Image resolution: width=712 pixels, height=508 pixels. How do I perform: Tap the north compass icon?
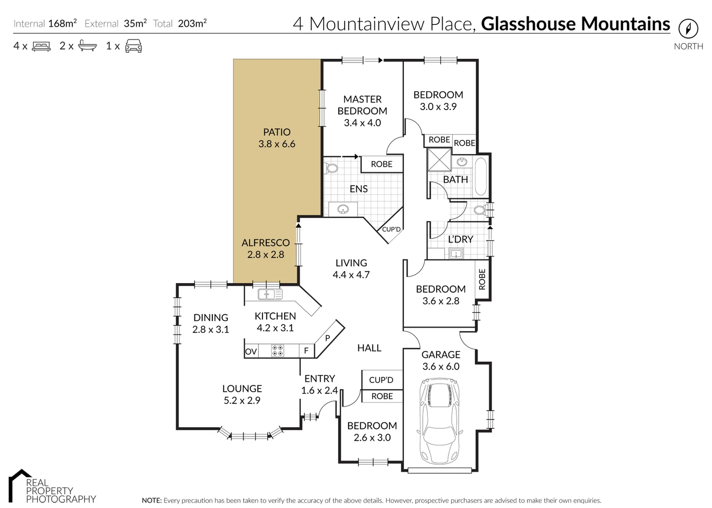tap(688, 29)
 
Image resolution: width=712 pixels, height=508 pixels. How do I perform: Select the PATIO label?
tap(277, 132)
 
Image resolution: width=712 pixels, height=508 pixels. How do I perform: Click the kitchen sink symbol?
tap(270, 294)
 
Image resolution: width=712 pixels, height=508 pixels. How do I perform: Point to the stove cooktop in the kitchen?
tap(278, 350)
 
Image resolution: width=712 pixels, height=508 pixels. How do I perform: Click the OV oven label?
tap(251, 351)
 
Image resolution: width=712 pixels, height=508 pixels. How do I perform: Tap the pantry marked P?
tap(328, 338)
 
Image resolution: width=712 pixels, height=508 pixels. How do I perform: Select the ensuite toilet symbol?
tap(332, 168)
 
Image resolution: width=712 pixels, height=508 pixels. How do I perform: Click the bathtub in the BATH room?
tap(480, 177)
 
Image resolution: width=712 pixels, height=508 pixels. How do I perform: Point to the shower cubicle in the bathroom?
tap(439, 159)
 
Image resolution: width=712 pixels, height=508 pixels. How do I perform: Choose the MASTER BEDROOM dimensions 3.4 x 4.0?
tap(362, 123)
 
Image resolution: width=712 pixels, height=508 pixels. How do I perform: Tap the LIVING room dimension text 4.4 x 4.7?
tap(351, 275)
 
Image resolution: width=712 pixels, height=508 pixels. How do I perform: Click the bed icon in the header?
tap(41, 46)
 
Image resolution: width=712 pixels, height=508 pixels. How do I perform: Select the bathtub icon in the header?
tap(87, 46)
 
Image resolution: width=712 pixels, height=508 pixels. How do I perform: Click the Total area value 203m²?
tap(192, 24)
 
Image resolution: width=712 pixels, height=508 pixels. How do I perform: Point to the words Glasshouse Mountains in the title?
tap(575, 24)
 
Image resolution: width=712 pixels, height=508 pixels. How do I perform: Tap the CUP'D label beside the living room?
tap(391, 229)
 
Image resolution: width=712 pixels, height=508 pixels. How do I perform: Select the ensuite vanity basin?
tap(343, 209)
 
